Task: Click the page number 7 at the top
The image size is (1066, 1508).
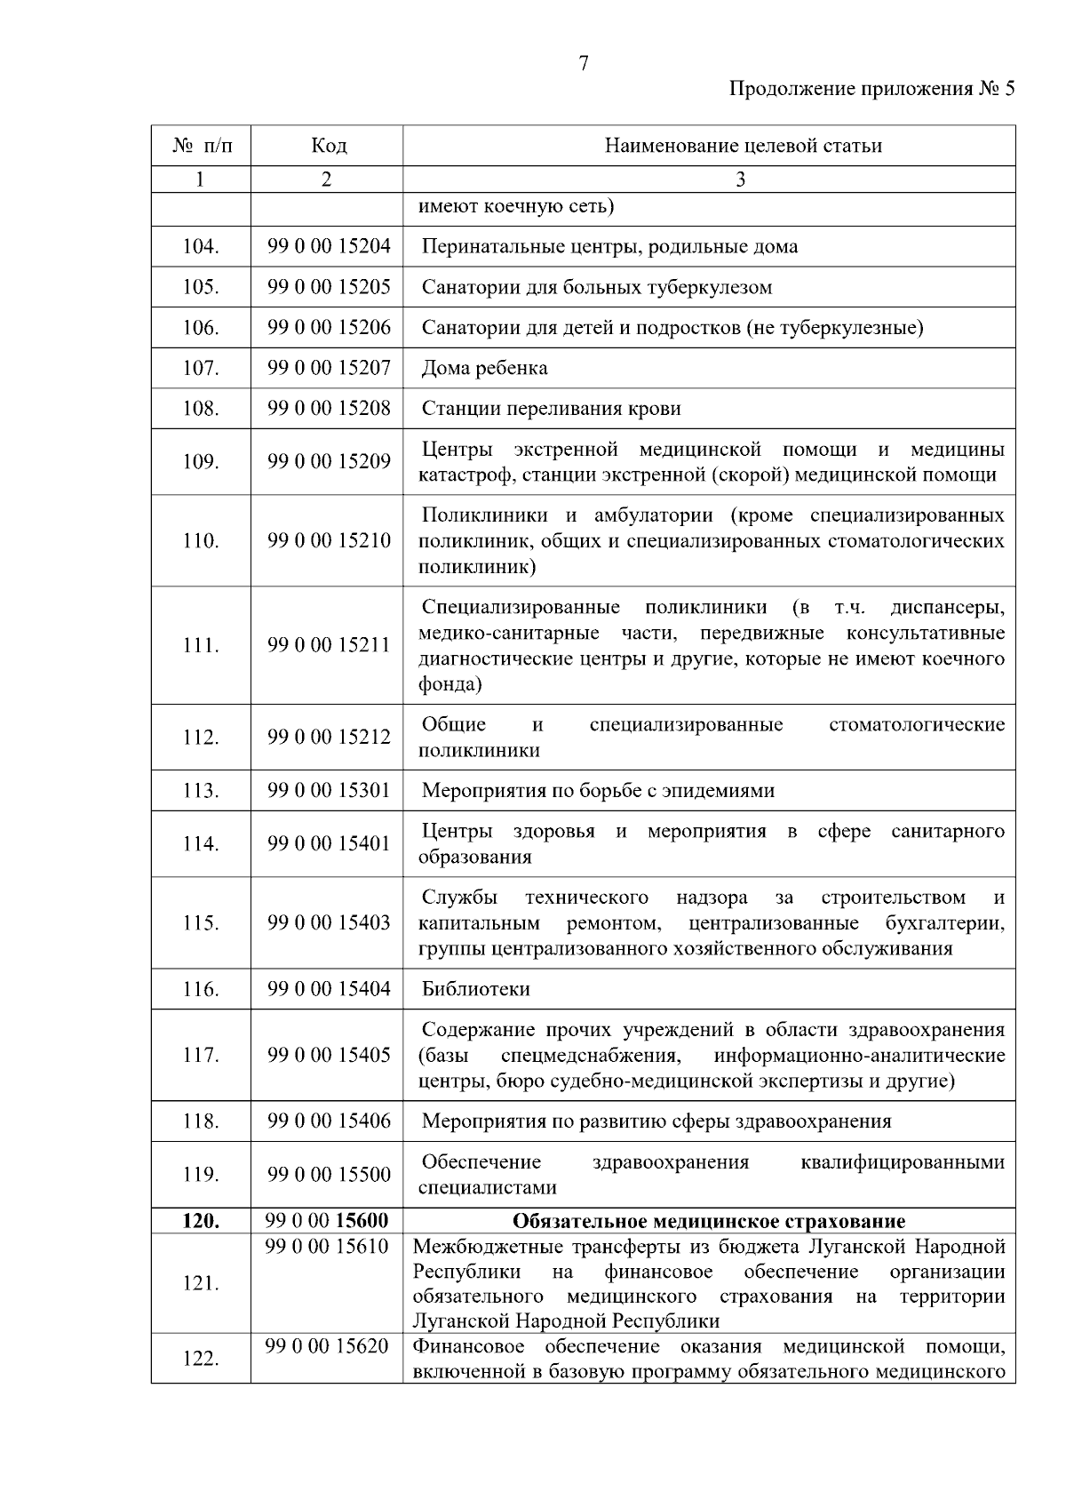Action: (584, 63)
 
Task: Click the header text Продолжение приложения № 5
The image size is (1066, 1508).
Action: (871, 89)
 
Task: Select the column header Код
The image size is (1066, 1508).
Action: (328, 145)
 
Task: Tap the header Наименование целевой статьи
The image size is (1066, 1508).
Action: (743, 145)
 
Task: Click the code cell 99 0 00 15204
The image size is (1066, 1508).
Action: (329, 246)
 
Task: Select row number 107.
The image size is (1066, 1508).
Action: (200, 368)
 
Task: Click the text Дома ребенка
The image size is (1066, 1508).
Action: (484, 368)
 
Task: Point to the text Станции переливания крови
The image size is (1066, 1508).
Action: (551, 409)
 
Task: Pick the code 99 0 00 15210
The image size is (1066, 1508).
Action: (329, 540)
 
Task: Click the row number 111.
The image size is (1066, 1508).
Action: (200, 646)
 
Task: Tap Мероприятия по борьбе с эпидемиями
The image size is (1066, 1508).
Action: (597, 791)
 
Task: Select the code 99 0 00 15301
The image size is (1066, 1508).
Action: (329, 791)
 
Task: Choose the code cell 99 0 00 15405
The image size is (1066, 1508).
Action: (329, 1055)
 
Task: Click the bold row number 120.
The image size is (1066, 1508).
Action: (200, 1221)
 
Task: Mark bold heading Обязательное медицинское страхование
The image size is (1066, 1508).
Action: (708, 1221)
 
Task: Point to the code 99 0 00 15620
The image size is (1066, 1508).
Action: (327, 1346)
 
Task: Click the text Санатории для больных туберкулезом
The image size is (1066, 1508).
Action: (596, 287)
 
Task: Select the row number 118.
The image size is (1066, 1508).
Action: (200, 1121)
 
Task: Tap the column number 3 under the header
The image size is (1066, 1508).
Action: (740, 180)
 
